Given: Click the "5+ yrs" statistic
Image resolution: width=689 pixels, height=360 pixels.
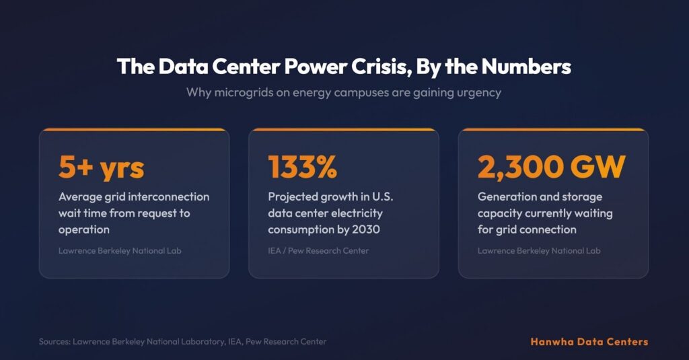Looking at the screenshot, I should pos(101,167).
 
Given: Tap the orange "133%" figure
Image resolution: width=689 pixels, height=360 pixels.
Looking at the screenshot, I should pos(302,167).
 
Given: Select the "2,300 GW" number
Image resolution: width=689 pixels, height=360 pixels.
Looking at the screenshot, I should pos(552,167).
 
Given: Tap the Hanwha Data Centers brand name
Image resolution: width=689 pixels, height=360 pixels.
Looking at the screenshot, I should pos(589,342).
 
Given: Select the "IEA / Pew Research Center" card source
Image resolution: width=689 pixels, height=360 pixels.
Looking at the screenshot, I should pos(318,251).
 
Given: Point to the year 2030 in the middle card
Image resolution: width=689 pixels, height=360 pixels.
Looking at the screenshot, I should pos(363,229).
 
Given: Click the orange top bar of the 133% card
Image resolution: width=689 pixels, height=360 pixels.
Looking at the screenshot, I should pos(344,129).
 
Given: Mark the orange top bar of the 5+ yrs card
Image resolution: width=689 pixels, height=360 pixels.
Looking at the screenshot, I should pos(134,129).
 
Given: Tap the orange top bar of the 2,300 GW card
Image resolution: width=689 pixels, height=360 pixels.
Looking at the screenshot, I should pos(553,129).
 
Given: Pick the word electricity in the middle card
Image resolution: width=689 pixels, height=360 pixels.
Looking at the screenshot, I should pos(359,213).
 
